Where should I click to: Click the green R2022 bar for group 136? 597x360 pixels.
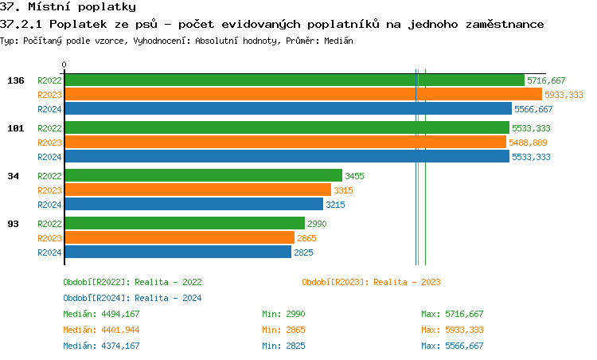click(295, 80)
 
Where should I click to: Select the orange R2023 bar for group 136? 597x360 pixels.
click(303, 95)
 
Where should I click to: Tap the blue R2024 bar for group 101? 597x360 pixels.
click(287, 157)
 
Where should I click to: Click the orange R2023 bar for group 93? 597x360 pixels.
click(179, 238)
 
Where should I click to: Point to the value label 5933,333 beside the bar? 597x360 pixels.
click(564, 95)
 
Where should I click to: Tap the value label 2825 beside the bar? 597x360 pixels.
click(303, 252)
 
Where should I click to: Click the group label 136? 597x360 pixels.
click(16, 80)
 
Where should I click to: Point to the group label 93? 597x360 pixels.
click(13, 224)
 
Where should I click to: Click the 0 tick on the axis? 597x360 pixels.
click(64, 65)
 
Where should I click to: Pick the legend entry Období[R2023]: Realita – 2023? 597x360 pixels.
click(371, 282)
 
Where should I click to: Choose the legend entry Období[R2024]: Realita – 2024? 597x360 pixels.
click(132, 298)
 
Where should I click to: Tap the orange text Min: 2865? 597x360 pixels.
click(283, 330)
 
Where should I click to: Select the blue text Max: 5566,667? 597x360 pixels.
click(452, 346)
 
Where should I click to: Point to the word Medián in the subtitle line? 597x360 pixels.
click(338, 40)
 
